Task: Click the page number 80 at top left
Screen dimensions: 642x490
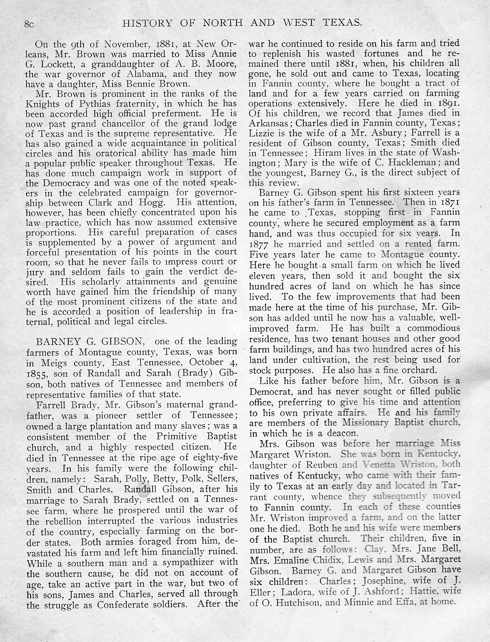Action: tap(30, 23)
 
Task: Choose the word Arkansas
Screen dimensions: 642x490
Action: tap(269, 123)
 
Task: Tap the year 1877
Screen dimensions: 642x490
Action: tap(259, 244)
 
